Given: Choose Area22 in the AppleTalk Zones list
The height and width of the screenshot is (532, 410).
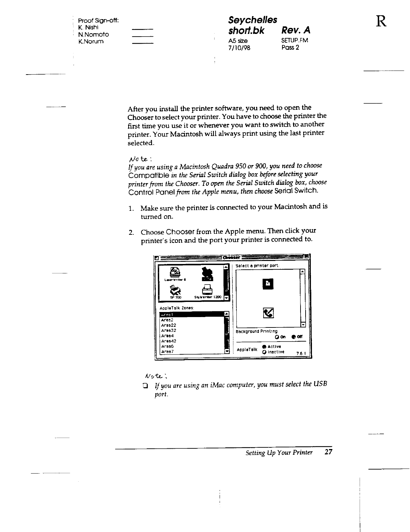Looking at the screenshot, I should click(x=169, y=325).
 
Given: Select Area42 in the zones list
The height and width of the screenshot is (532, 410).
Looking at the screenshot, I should click(x=169, y=341).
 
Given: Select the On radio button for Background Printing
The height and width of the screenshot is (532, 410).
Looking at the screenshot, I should click(x=277, y=337).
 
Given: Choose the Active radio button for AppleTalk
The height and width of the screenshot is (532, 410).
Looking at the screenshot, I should click(x=265, y=347).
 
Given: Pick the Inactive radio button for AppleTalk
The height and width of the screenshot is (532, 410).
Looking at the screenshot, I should click(x=265, y=352).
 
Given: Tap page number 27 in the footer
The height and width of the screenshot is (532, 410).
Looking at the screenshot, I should click(x=328, y=452).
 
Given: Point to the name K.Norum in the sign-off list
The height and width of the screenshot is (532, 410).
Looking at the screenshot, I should click(x=91, y=42).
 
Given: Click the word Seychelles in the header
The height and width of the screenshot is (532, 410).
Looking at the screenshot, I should click(x=253, y=20).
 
